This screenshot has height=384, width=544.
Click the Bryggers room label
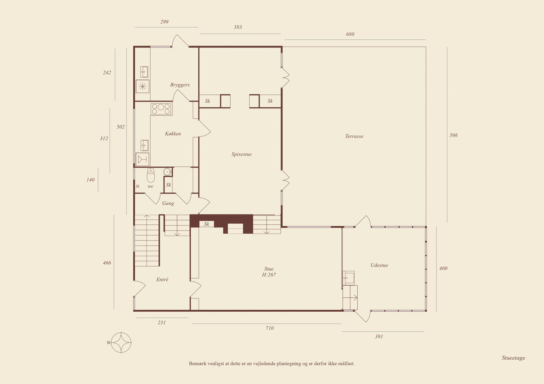[180, 85]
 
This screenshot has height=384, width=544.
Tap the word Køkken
[173, 133]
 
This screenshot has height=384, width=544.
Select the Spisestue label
[241, 154]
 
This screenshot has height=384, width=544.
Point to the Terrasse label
[354, 136]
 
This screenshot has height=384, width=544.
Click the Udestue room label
[379, 265]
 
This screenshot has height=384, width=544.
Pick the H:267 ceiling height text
[269, 275]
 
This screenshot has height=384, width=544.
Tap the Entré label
[162, 279]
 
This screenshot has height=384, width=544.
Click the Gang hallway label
[168, 203]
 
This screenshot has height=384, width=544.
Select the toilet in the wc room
[151, 175]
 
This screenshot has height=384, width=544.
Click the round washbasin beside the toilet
[167, 172]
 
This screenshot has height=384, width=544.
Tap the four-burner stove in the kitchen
[161, 109]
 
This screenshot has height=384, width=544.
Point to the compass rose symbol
[121, 343]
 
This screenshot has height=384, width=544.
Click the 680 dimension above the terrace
[350, 34]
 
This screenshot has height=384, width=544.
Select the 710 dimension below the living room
[270, 328]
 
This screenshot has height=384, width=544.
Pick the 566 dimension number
[454, 135]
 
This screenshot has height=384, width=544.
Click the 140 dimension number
[90, 180]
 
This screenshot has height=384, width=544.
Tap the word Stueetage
[513, 358]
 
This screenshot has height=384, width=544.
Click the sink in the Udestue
[349, 278]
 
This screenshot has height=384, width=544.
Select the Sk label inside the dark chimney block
[206, 224]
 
